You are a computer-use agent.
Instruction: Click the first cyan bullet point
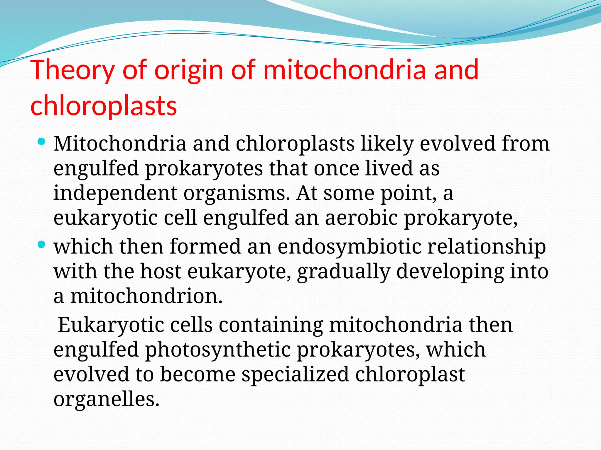click(42, 142)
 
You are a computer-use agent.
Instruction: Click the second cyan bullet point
click(42, 245)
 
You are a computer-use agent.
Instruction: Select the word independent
click(115, 193)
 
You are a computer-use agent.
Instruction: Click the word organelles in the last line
click(106, 399)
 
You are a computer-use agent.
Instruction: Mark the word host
click(161, 271)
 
